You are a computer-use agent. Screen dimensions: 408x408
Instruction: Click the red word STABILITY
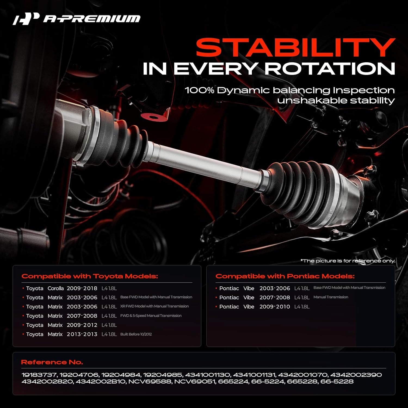click(295, 48)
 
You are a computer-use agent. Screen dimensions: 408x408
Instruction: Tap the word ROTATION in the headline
click(330, 69)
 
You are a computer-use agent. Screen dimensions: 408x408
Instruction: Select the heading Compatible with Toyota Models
click(90, 276)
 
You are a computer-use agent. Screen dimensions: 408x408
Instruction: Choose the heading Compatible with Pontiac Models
click(285, 276)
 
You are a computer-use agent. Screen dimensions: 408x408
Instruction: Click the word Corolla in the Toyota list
click(55, 288)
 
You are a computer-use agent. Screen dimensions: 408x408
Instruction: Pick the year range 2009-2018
click(82, 288)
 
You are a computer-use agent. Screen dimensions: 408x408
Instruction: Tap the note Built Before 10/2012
click(136, 334)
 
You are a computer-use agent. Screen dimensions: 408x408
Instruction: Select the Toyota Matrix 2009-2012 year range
click(82, 325)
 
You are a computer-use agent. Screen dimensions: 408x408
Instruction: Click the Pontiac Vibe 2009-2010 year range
click(275, 307)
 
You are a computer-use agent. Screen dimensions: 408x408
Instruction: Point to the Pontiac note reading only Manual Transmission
click(331, 297)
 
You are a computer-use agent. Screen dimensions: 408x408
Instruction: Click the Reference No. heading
click(52, 362)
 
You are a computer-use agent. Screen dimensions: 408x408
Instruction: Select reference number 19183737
click(39, 375)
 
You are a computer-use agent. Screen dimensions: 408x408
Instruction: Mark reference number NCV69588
click(150, 382)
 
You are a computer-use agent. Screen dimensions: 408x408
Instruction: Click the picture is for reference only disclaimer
click(348, 261)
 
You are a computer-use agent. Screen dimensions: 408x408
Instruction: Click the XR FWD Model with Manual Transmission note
click(154, 306)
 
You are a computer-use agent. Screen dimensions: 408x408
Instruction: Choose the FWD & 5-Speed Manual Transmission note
click(151, 316)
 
